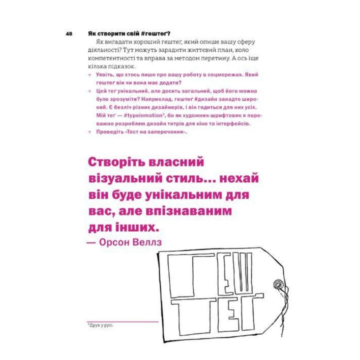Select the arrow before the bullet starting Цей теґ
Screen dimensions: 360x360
pyautogui.click(x=90, y=90)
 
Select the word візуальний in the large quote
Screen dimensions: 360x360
pyautogui.click(x=118, y=178)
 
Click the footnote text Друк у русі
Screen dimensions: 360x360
pyautogui.click(x=101, y=325)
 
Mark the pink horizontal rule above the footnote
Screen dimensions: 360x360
pyautogui.click(x=122, y=321)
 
